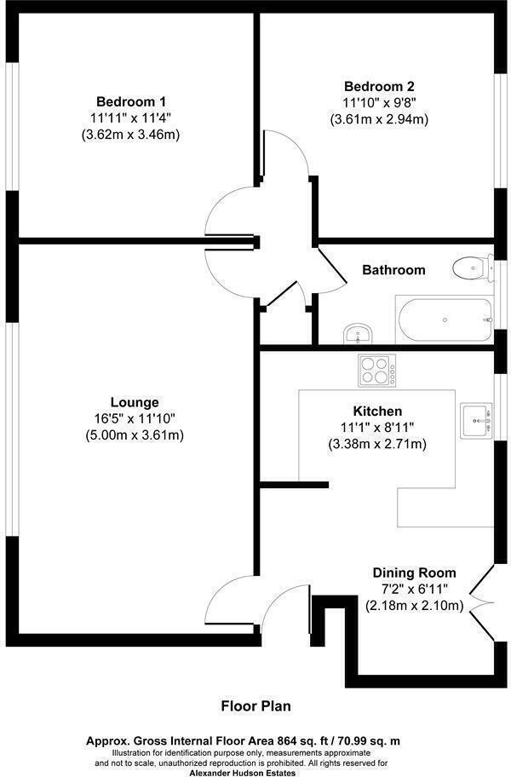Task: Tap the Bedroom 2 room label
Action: [379, 86]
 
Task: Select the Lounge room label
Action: [135, 402]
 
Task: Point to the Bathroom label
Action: [393, 270]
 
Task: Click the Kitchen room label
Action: [377, 411]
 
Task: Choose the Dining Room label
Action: [414, 573]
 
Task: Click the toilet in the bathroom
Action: [471, 268]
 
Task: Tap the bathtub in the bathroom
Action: [444, 320]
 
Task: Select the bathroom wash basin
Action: [357, 333]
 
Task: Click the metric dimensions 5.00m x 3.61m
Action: [135, 435]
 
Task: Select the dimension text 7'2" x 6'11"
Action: [414, 590]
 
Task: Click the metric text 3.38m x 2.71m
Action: [377, 444]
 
